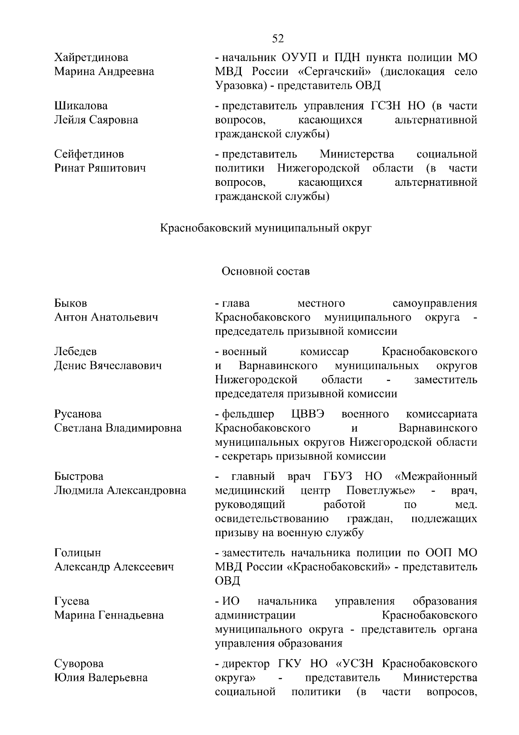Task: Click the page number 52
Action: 278,39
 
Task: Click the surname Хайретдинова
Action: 91,58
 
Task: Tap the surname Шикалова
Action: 81,106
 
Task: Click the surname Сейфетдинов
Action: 89,154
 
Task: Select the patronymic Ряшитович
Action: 117,168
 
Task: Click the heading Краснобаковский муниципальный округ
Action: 266,228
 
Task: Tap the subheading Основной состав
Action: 266,271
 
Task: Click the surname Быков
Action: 70,303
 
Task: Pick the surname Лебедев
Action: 76,351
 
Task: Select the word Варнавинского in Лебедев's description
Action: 278,366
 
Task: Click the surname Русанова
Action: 78,414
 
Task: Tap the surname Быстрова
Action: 79,476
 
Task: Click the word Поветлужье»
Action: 381,491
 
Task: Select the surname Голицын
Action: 77,553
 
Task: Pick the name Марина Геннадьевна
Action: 109,615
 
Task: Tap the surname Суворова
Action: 79,664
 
